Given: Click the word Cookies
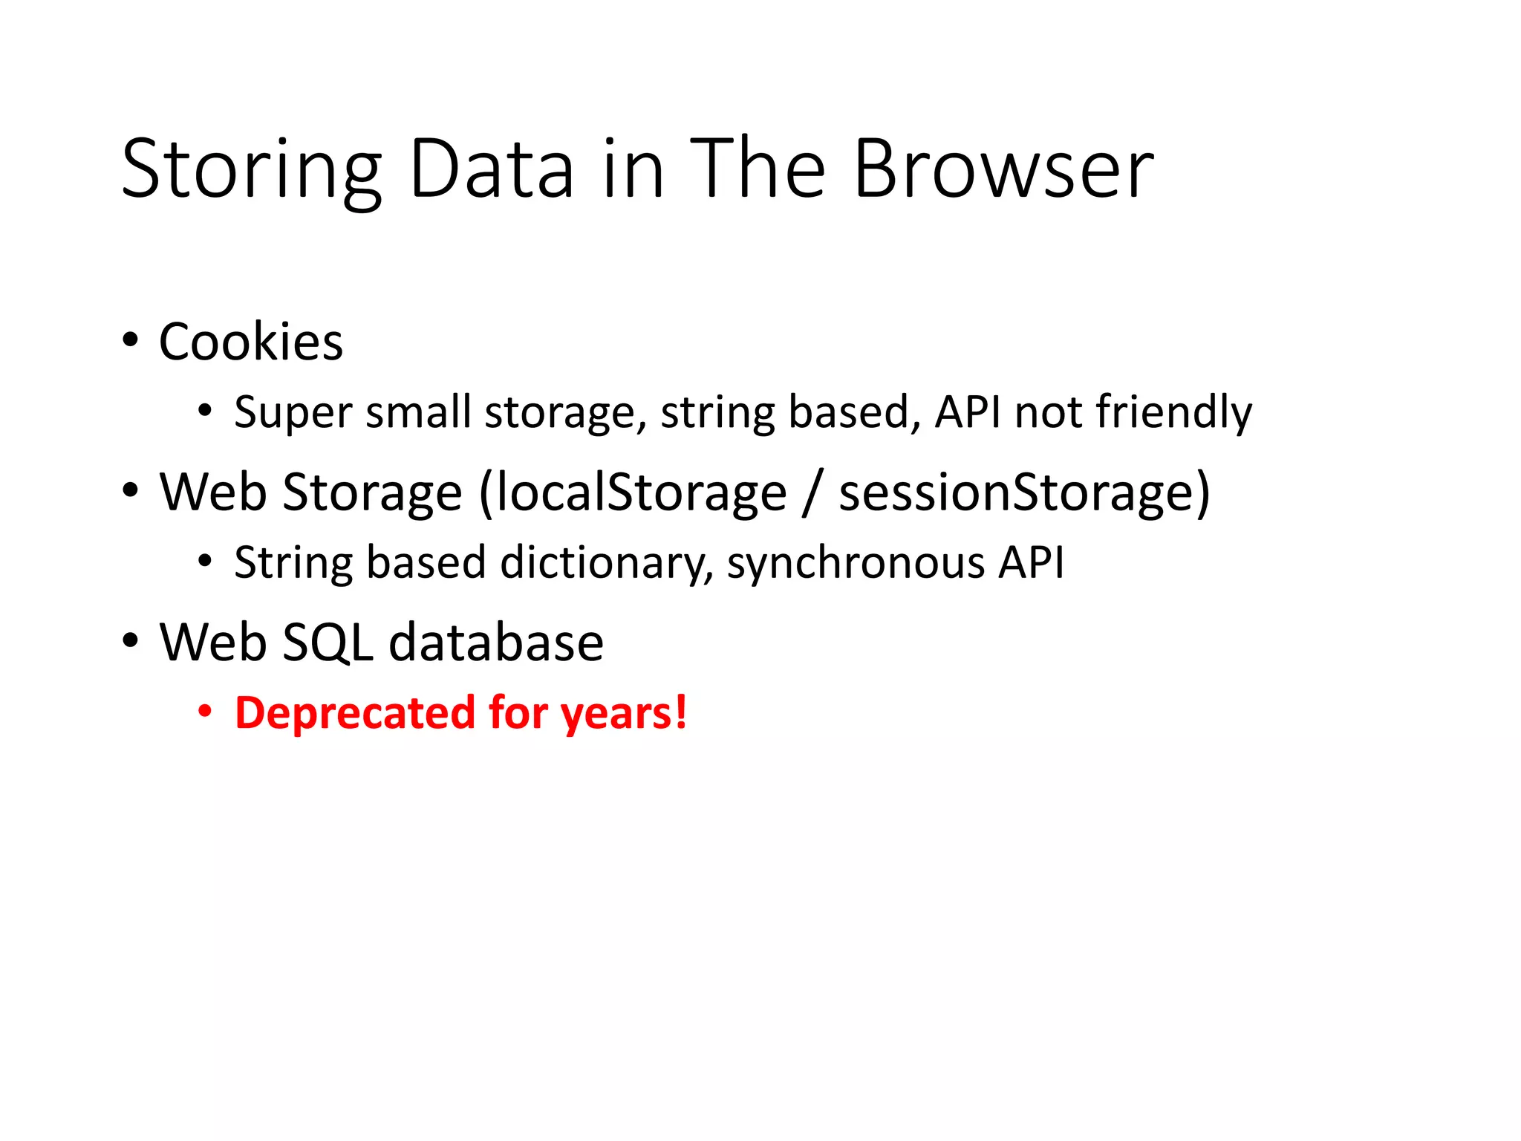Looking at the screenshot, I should [x=251, y=342].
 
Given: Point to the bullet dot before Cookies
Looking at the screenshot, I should [x=131, y=341].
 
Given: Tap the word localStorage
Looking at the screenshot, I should [x=641, y=493].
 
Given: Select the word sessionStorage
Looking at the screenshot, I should [x=1023, y=493].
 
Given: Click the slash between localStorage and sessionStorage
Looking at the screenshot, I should [x=812, y=493].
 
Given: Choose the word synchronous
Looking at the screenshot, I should [x=855, y=562].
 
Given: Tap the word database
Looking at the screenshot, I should [x=496, y=643].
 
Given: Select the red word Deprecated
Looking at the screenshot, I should [x=354, y=713].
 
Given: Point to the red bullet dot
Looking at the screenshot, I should [x=205, y=712].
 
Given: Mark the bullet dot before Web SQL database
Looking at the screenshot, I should [x=131, y=641].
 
